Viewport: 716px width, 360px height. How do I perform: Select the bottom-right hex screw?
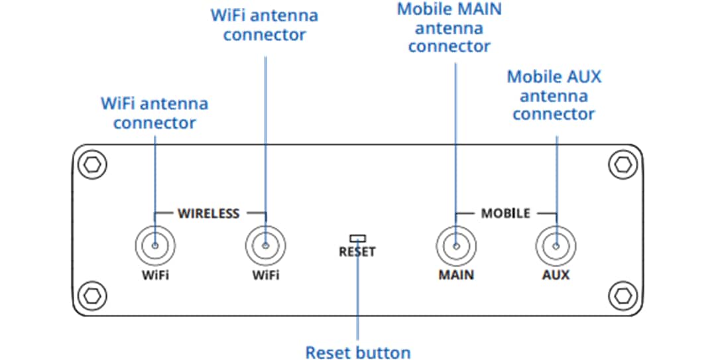tap(622, 293)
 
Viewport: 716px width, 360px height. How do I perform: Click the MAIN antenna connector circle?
tap(456, 247)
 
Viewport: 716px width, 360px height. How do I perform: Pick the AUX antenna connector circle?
tap(556, 247)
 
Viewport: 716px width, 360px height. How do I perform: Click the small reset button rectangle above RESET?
tap(358, 237)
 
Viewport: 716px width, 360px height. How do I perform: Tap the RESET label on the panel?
tap(357, 252)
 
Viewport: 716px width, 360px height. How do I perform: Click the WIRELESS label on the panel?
tap(208, 213)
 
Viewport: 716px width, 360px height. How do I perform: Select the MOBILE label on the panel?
tap(505, 213)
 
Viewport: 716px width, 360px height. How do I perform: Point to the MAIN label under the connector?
tap(456, 274)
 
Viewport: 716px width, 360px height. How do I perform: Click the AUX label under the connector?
tap(556, 274)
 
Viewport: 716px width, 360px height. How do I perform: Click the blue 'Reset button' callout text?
tap(357, 352)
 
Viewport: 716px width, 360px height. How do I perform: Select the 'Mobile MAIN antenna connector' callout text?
tap(449, 28)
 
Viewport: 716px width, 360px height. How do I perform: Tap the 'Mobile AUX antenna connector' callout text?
tap(554, 95)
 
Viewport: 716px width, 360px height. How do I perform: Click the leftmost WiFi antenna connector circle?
tap(154, 247)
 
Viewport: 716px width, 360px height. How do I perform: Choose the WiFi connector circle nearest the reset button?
tap(266, 247)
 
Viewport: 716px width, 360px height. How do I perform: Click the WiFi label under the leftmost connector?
tap(154, 274)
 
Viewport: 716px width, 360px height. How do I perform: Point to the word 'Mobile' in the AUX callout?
tap(530, 77)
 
